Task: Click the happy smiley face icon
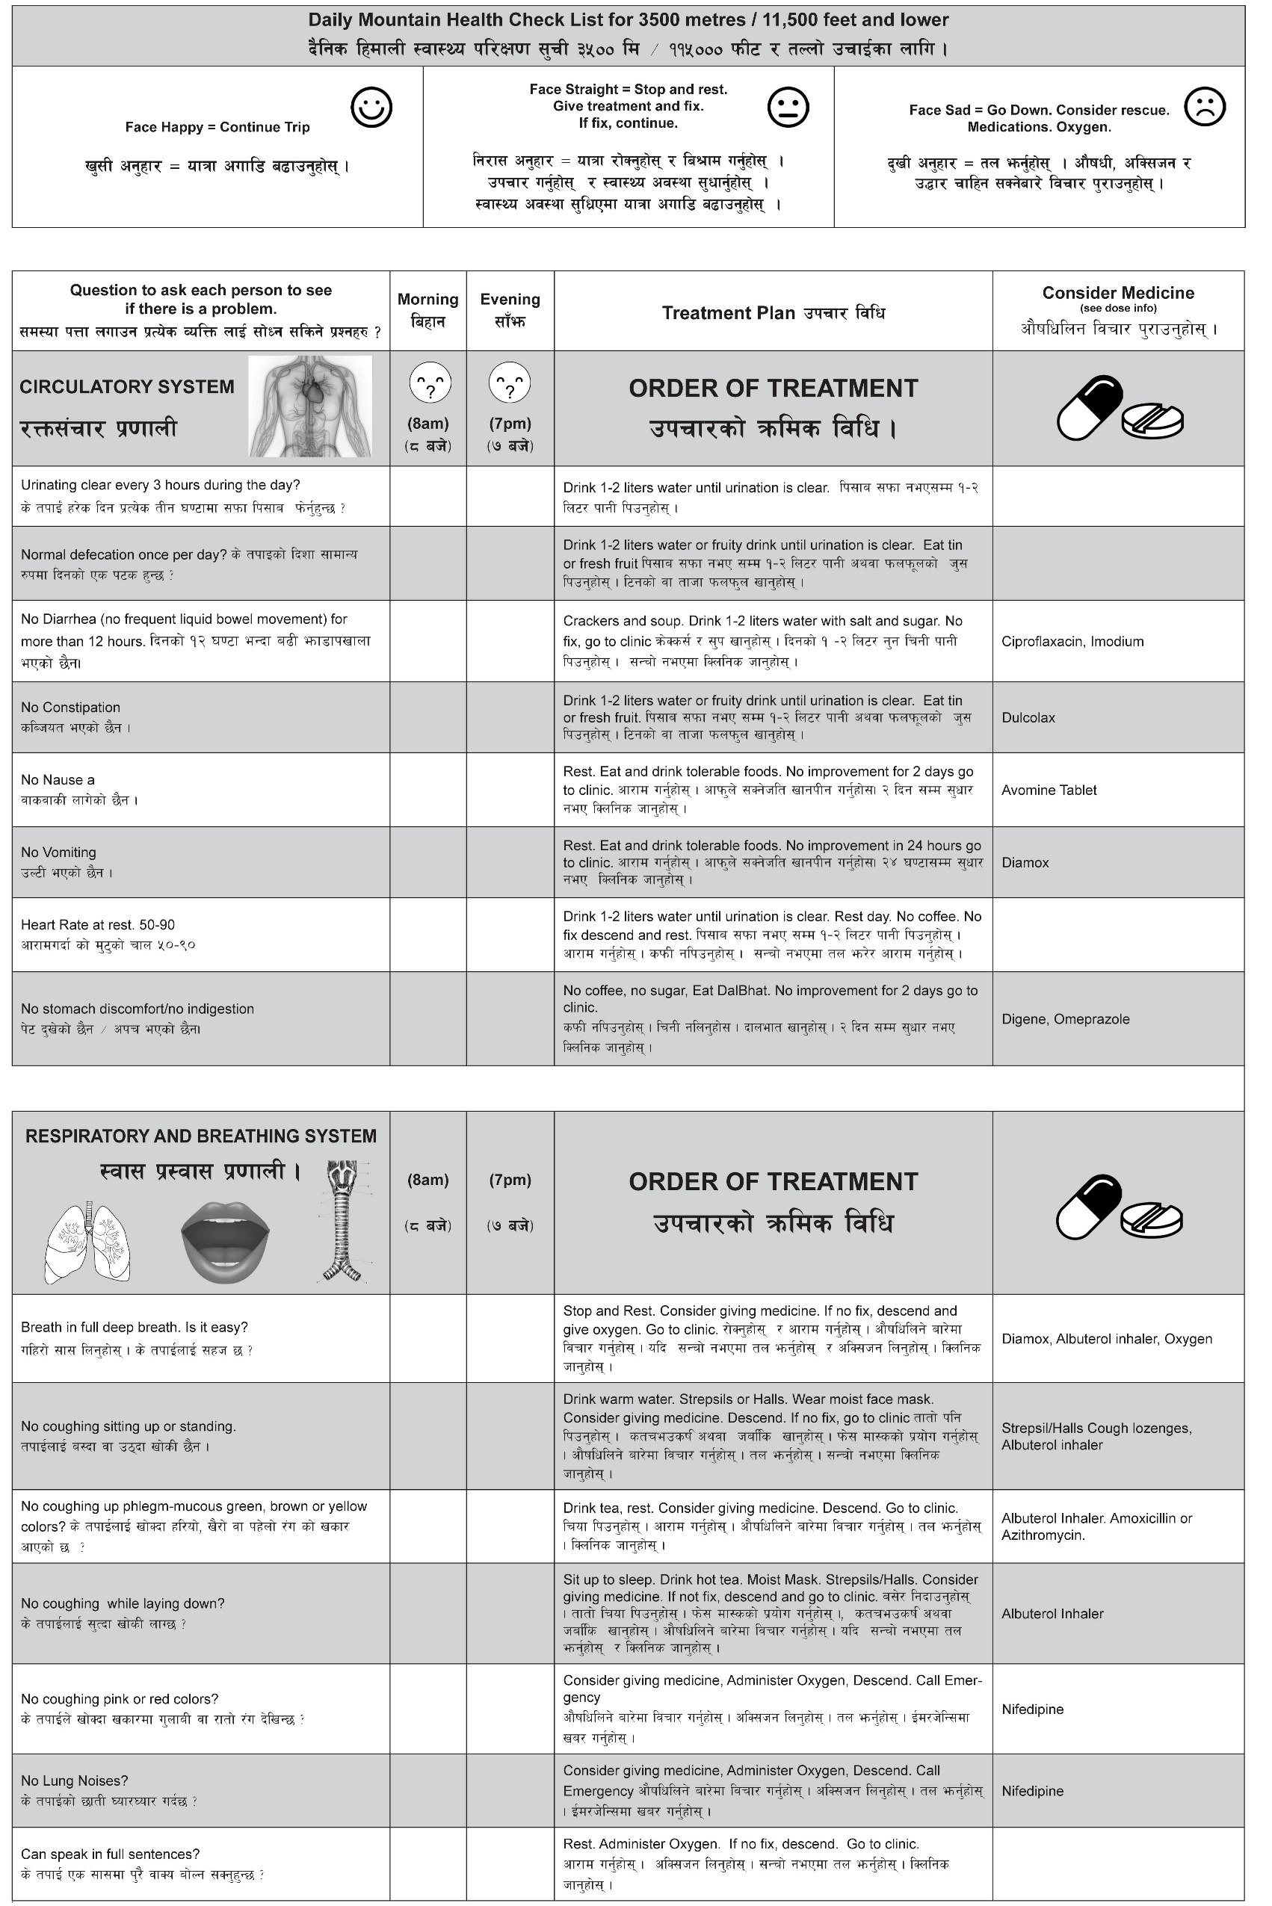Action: pyautogui.click(x=371, y=107)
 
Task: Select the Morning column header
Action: pyautogui.click(x=427, y=310)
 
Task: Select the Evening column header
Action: pyautogui.click(x=510, y=310)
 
